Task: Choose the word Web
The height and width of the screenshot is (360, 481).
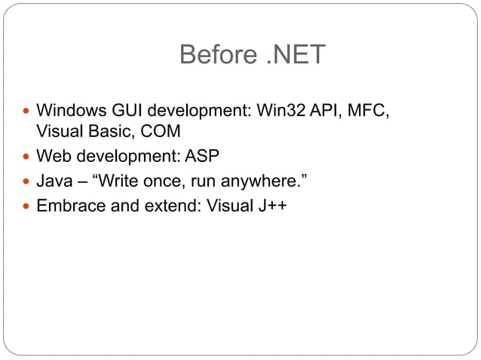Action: [x=53, y=157]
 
